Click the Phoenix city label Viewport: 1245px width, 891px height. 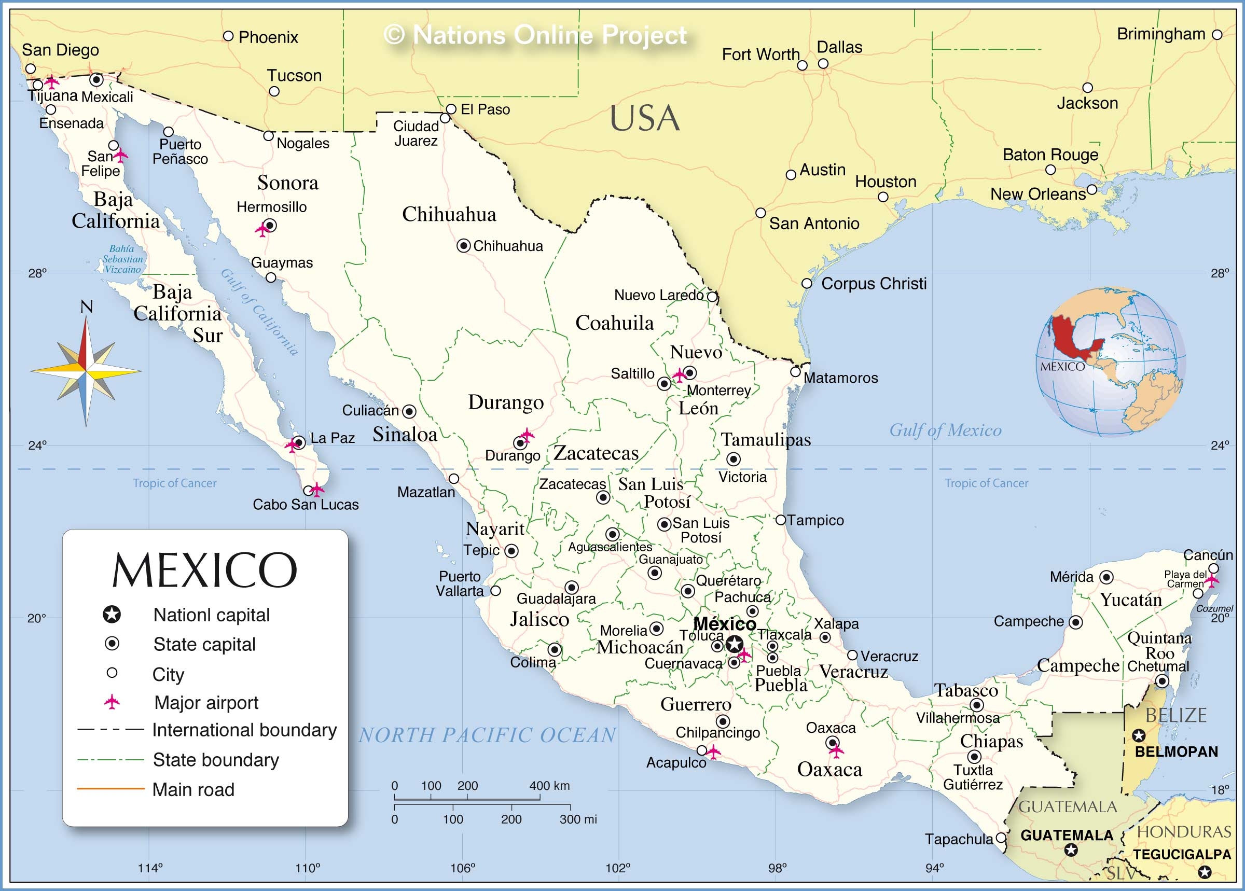268,37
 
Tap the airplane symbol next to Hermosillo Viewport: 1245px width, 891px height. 262,230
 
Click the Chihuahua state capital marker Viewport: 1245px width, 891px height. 464,246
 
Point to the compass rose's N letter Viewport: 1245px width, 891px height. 86,307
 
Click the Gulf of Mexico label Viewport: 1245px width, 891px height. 945,430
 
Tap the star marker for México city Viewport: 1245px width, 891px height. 734,644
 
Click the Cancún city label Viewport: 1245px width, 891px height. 1208,555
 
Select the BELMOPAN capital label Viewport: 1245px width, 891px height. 1177,751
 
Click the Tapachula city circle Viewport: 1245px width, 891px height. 1001,838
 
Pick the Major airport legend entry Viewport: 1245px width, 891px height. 206,703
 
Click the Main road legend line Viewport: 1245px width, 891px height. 110,789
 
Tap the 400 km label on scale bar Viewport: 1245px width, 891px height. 549,786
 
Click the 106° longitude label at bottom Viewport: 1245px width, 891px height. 463,868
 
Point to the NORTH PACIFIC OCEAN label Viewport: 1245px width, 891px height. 487,735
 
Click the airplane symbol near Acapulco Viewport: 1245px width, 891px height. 713,751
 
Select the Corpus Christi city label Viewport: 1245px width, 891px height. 874,284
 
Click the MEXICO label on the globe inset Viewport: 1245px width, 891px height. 1062,367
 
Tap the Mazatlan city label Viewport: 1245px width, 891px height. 426,492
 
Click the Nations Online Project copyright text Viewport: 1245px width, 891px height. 534,35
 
